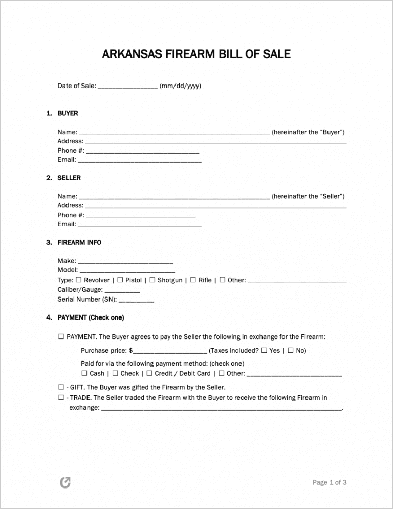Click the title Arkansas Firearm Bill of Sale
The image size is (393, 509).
pyautogui.click(x=196, y=54)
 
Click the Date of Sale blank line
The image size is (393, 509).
pyautogui.click(x=127, y=87)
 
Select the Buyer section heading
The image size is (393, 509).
pyautogui.click(x=68, y=113)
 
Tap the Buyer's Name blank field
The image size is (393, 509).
pyautogui.click(x=174, y=133)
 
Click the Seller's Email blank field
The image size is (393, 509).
pyautogui.click(x=139, y=225)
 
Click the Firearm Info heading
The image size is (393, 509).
pyautogui.click(x=79, y=242)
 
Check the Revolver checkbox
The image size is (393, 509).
pyautogui.click(x=79, y=280)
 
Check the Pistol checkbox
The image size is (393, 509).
pyautogui.click(x=120, y=280)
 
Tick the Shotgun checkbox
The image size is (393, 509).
pyautogui.click(x=152, y=280)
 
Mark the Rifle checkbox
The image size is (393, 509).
pyautogui.click(x=193, y=280)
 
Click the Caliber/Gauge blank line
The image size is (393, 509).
pyautogui.click(x=122, y=290)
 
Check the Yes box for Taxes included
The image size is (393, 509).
pyautogui.click(x=264, y=351)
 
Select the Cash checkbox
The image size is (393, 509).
pyautogui.click(x=84, y=373)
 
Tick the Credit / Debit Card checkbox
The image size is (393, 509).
pyautogui.click(x=149, y=373)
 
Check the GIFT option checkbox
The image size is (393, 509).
pyautogui.click(x=61, y=387)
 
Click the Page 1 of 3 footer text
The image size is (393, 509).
pyautogui.click(x=330, y=482)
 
